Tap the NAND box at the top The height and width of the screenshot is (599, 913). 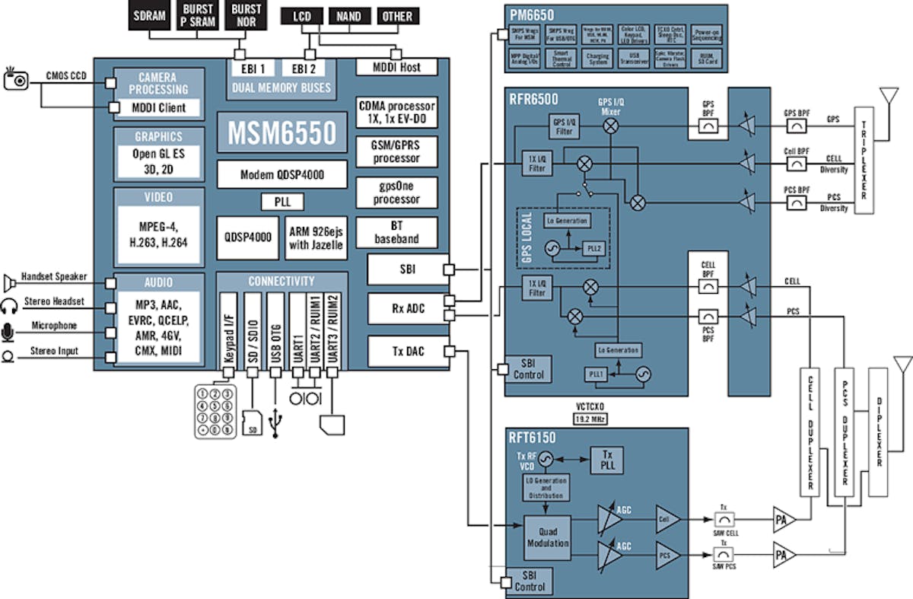[348, 16]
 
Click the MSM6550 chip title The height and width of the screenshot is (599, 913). [282, 132]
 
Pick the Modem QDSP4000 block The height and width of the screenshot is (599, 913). [282, 174]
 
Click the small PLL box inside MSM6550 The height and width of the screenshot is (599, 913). [282, 202]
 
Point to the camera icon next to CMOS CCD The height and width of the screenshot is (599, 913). [16, 78]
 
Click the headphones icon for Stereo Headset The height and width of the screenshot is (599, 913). [9, 306]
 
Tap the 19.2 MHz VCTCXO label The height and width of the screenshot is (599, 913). [590, 419]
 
